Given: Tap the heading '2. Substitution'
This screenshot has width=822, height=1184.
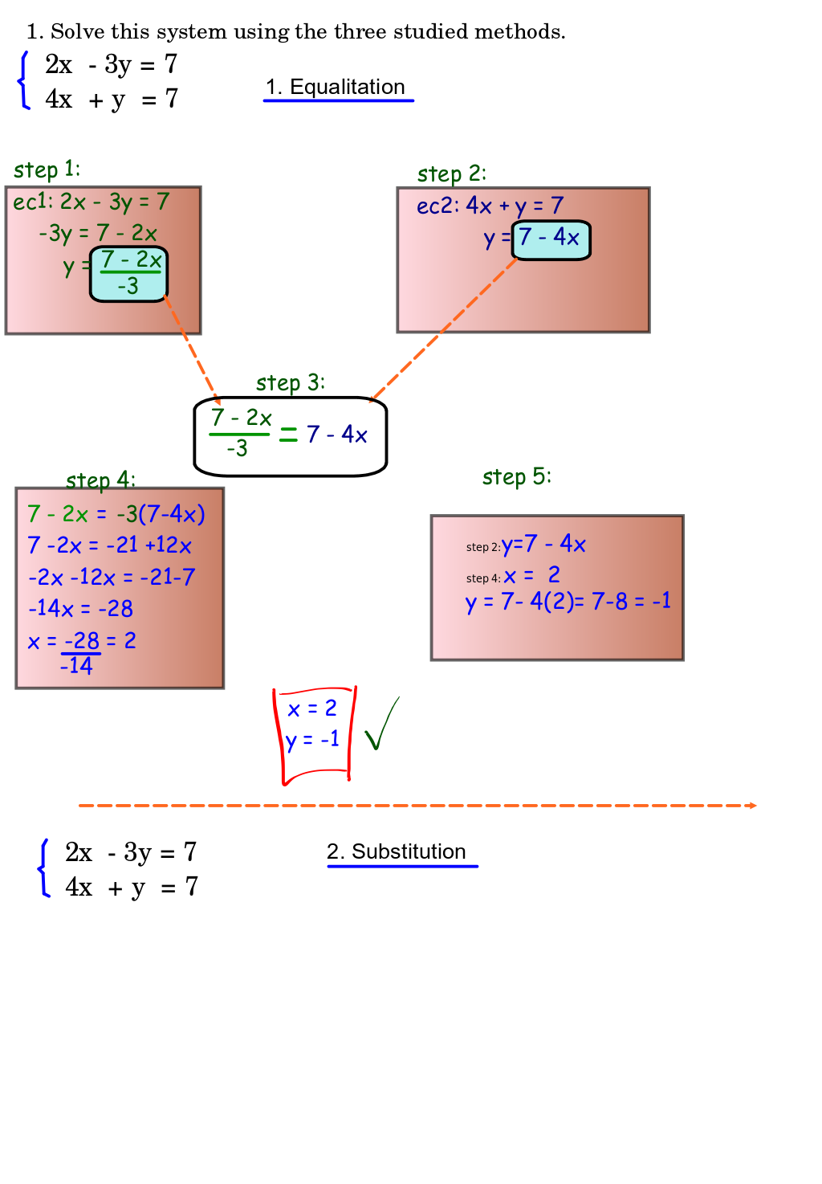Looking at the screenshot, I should pyautogui.click(x=397, y=851).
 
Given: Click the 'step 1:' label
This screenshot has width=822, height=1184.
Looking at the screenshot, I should pyautogui.click(x=47, y=169).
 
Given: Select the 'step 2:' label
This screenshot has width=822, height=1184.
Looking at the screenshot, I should pyautogui.click(x=451, y=174).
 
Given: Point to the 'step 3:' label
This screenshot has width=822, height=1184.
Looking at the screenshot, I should pyautogui.click(x=291, y=382).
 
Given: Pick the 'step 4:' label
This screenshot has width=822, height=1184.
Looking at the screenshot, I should pyautogui.click(x=100, y=480).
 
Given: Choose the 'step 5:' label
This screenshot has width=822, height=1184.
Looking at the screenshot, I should pyautogui.click(x=516, y=476).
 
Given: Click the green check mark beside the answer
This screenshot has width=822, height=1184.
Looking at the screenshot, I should pyautogui.click(x=380, y=725).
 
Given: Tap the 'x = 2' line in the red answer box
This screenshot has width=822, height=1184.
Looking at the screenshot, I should pyautogui.click(x=312, y=708).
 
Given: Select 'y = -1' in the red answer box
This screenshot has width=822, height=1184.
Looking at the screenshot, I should pyautogui.click(x=312, y=739).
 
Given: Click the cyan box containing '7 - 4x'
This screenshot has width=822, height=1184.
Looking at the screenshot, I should pyautogui.click(x=551, y=239).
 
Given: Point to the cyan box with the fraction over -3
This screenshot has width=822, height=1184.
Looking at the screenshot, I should pyautogui.click(x=129, y=274).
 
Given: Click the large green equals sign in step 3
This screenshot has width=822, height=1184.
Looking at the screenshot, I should pyautogui.click(x=288, y=435).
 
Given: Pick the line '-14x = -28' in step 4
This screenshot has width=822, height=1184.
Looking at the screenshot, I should pyautogui.click(x=80, y=608).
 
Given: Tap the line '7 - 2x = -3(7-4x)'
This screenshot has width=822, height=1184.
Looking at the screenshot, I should pyautogui.click(x=116, y=513).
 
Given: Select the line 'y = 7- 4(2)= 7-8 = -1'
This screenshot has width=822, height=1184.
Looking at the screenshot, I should pyautogui.click(x=568, y=601).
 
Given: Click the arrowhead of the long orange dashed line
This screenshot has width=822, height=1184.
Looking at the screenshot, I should pyautogui.click(x=752, y=805).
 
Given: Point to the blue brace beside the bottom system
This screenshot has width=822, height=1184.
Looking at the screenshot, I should pyautogui.click(x=44, y=868).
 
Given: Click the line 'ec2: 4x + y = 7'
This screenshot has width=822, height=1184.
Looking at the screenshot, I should pyautogui.click(x=490, y=206).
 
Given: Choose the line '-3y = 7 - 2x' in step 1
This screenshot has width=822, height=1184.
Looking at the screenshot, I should pyautogui.click(x=98, y=233).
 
